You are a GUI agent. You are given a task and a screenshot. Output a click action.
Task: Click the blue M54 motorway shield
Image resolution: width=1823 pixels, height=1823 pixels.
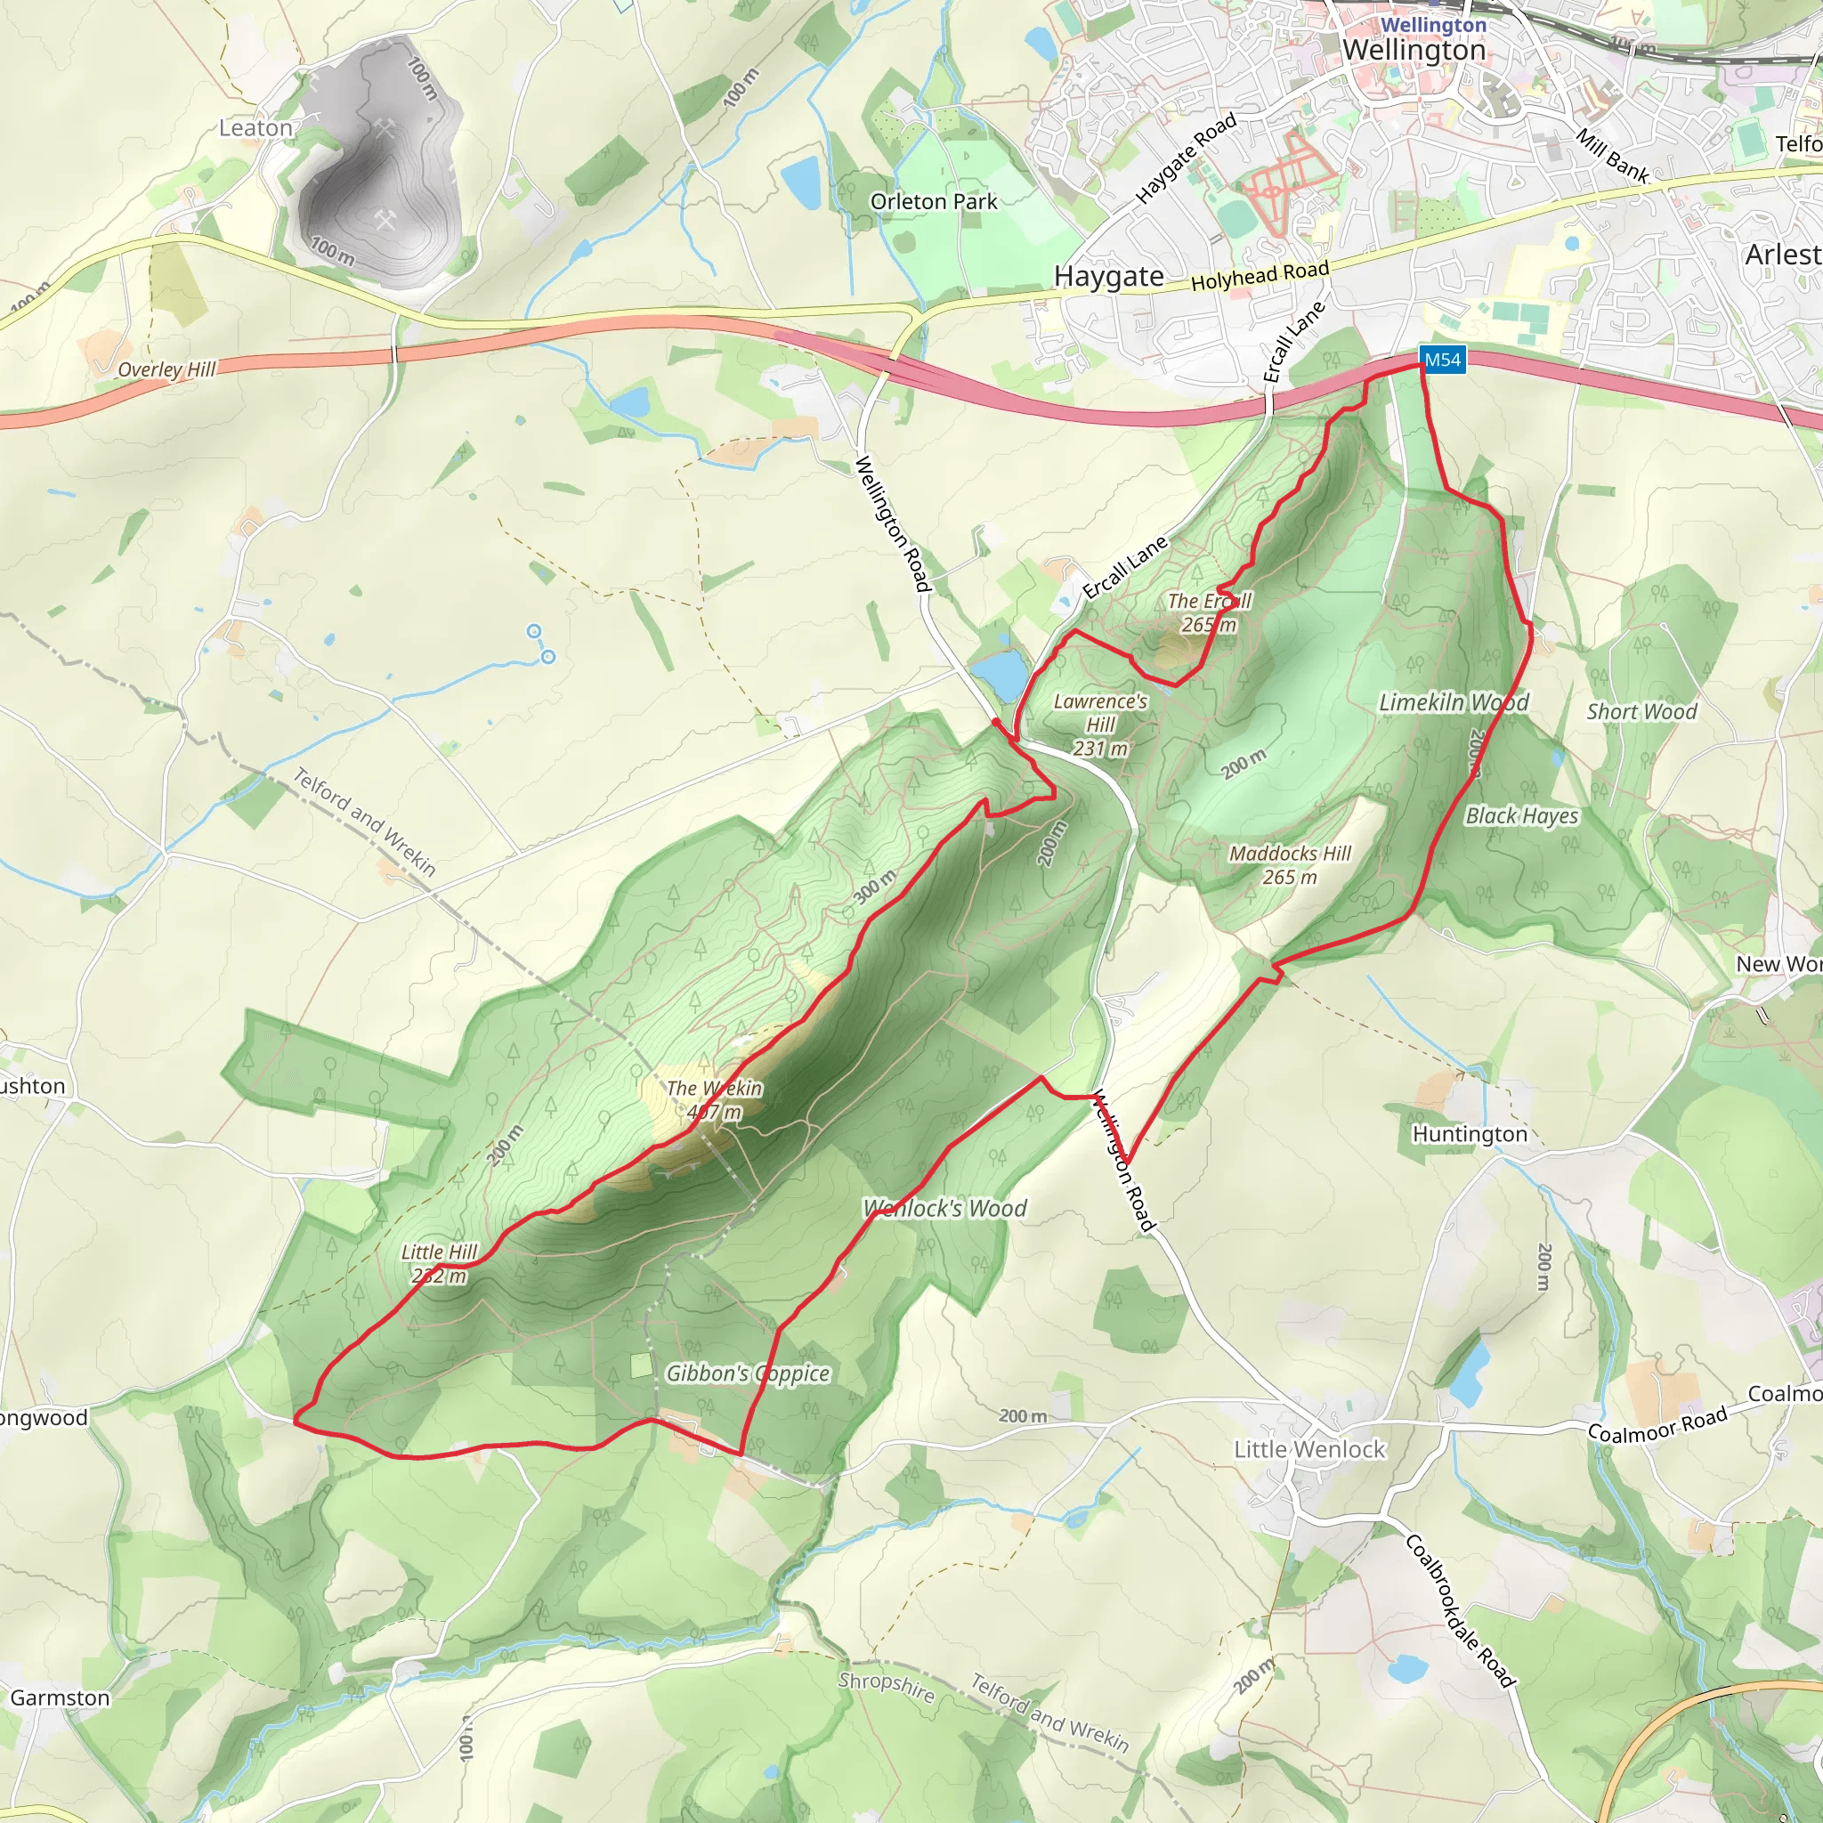point(1442,360)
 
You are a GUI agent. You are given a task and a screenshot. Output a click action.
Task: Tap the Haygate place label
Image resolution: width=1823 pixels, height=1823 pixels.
point(1109,277)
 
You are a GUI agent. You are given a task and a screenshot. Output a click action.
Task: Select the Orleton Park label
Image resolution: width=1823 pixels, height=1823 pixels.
point(933,202)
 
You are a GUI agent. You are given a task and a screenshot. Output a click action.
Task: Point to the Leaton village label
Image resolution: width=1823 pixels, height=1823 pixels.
point(255,127)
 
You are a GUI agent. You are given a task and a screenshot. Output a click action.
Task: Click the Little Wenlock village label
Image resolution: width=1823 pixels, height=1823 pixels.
point(1309,1449)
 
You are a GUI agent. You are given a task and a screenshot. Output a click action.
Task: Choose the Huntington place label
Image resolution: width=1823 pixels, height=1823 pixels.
point(1469,1134)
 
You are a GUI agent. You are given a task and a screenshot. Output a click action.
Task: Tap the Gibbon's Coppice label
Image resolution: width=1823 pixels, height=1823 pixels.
point(749,1373)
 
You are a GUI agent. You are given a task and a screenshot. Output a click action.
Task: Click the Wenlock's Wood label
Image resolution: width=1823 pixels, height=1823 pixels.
point(944,1209)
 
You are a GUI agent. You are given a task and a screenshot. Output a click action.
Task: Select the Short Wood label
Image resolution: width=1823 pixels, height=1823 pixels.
point(1641,711)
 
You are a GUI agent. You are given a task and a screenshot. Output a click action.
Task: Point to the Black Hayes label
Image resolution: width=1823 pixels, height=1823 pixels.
point(1522,815)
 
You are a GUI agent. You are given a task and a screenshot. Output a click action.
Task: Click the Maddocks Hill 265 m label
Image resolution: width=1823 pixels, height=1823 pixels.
point(1290,864)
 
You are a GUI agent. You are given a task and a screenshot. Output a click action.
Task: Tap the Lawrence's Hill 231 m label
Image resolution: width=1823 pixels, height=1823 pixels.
point(1100,725)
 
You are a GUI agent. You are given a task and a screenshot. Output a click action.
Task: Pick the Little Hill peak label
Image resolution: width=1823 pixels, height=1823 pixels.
point(440,1263)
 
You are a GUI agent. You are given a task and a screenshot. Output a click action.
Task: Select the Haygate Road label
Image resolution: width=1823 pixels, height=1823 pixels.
point(1185,158)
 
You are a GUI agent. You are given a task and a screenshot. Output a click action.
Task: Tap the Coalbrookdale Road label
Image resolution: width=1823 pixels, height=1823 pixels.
point(1460,1609)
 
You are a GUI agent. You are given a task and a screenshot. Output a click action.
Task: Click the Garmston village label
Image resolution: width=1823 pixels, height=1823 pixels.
point(60,1698)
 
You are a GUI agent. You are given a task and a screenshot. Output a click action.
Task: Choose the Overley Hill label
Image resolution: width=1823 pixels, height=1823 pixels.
point(167,369)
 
